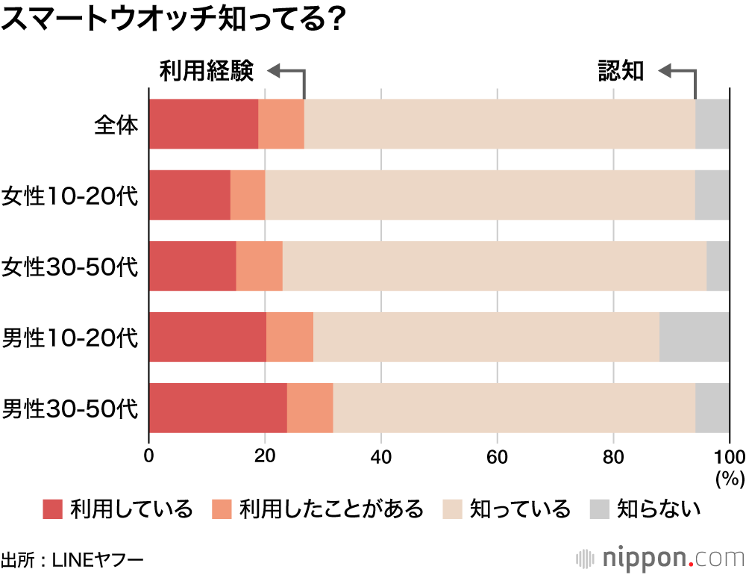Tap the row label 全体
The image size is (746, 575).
click(116, 124)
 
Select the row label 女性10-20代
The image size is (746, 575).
click(70, 196)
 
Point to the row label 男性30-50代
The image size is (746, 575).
click(70, 408)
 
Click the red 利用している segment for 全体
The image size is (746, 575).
click(204, 124)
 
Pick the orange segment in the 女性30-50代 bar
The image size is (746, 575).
click(259, 266)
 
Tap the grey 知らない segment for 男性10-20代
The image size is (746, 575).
click(694, 337)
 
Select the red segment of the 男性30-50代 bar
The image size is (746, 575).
click(218, 408)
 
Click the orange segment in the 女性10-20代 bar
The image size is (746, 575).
click(248, 195)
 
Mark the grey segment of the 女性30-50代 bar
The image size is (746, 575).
click(718, 266)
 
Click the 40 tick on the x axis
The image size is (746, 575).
click(381, 457)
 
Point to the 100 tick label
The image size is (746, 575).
click(729, 457)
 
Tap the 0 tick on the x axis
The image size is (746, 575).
click(149, 457)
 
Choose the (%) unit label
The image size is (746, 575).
click(730, 478)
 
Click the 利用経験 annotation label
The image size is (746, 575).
click(207, 72)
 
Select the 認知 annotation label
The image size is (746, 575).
click(621, 72)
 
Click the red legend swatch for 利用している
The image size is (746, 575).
click(52, 509)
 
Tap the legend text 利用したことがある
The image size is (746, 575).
click(331, 510)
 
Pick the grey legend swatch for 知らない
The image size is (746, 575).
click(600, 509)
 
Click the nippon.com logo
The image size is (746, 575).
click(659, 557)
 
